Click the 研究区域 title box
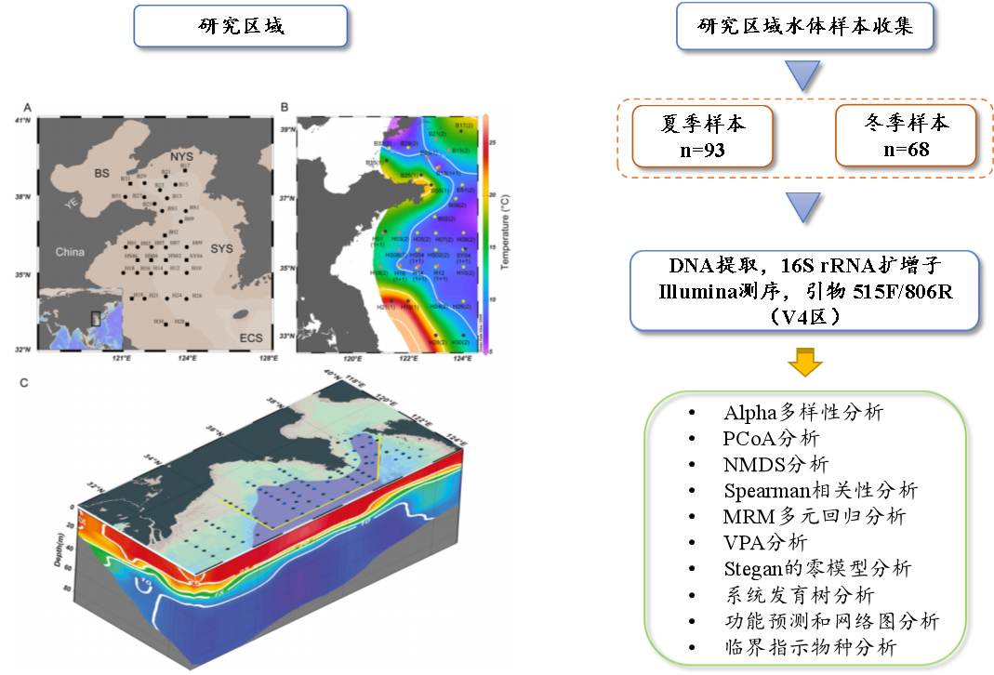pyautogui.click(x=241, y=26)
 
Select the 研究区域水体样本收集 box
pyautogui.click(x=805, y=26)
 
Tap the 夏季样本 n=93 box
pyautogui.click(x=702, y=136)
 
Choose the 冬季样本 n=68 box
pyautogui.click(x=906, y=136)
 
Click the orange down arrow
pyautogui.click(x=805, y=362)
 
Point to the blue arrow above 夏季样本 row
pyautogui.click(x=805, y=75)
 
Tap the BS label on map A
pyautogui.click(x=101, y=173)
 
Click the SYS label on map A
pyautogui.click(x=221, y=249)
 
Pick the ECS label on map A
pyautogui.click(x=250, y=338)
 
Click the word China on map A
pyautogui.click(x=69, y=252)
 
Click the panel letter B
pyautogui.click(x=284, y=106)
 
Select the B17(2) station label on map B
pyautogui.click(x=462, y=125)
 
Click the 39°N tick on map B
pyautogui.click(x=287, y=130)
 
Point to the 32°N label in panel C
pyautogui.click(x=94, y=486)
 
